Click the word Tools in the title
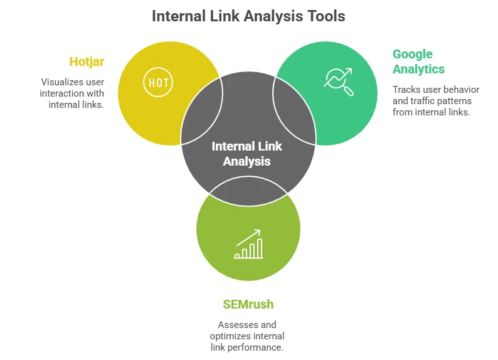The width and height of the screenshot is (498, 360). (x=323, y=16)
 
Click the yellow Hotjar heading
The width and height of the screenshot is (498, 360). (x=87, y=61)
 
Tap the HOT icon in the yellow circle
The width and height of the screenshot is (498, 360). (x=158, y=82)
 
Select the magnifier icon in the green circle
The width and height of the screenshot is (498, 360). (x=338, y=82)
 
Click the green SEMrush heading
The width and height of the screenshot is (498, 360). (x=248, y=305)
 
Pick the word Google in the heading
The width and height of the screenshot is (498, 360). (x=413, y=54)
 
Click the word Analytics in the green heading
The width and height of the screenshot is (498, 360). (x=419, y=69)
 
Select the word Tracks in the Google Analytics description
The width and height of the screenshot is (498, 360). (x=406, y=90)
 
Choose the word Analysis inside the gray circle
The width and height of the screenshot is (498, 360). (x=246, y=161)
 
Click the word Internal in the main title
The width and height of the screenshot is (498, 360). (x=180, y=16)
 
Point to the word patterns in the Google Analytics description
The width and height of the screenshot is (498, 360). (x=457, y=101)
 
